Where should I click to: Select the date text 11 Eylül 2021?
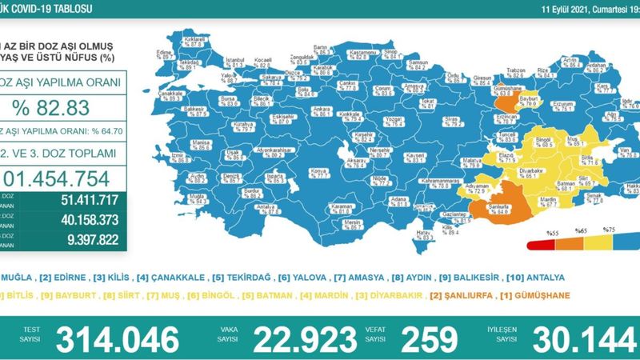[559, 8]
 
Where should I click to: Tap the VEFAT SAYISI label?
[373, 334]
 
